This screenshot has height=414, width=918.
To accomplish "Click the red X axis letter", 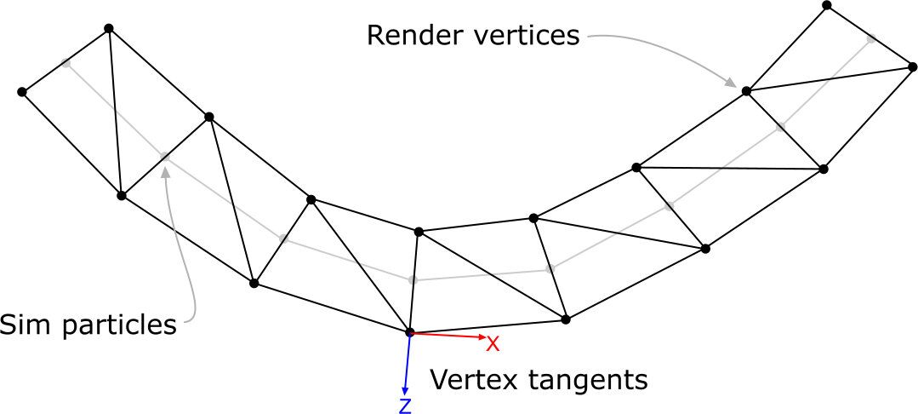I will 492,343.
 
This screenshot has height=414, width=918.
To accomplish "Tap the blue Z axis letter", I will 405,405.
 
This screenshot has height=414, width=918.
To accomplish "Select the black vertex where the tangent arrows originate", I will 409,332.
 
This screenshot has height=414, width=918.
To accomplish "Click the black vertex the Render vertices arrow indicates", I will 746,90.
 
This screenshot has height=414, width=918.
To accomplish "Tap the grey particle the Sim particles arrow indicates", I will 165,157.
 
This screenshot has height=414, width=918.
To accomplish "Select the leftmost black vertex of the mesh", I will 22,91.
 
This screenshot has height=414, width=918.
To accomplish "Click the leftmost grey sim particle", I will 66,61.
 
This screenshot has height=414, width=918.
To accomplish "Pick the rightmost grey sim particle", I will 870,37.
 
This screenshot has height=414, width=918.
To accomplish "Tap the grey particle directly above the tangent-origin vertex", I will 413,279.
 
